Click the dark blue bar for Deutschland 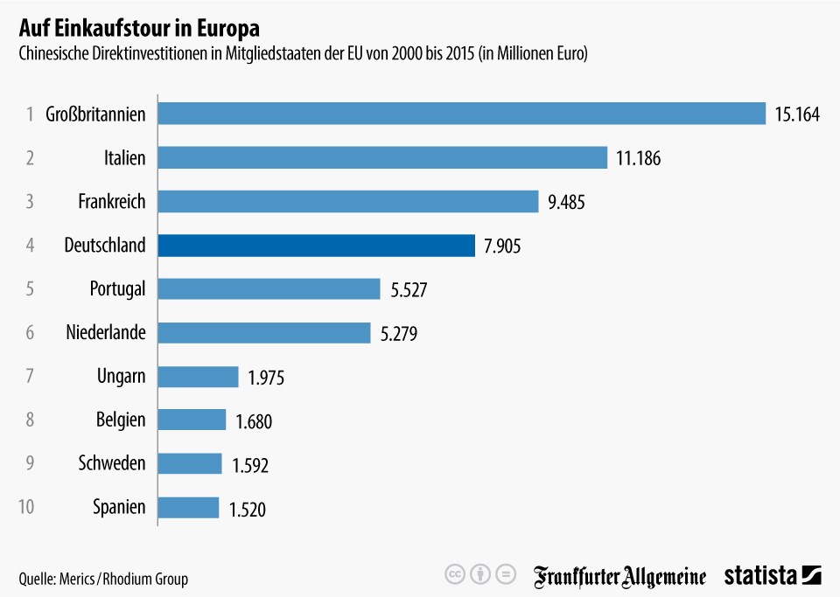(317, 246)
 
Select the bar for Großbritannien (462, 114)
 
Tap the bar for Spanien (189, 508)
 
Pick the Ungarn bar (199, 377)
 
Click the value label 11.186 (638, 158)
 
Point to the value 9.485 (566, 202)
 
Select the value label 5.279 (399, 334)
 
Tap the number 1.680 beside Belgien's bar (254, 421)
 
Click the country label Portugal (117, 289)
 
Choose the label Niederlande (106, 332)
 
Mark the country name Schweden (112, 462)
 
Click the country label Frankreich (112, 201)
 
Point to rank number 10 (26, 507)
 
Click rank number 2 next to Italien (30, 158)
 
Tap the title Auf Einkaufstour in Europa (139, 28)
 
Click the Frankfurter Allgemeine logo (619, 577)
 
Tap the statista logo (773, 576)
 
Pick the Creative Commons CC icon (454, 574)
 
